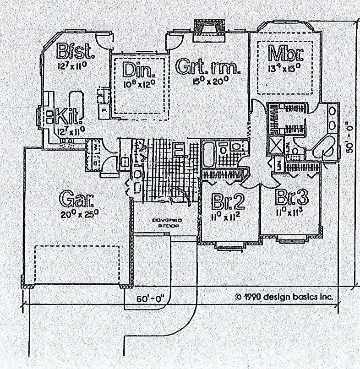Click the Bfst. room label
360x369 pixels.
tap(76, 51)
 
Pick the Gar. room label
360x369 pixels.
tap(77, 199)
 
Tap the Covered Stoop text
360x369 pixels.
tap(167, 222)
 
